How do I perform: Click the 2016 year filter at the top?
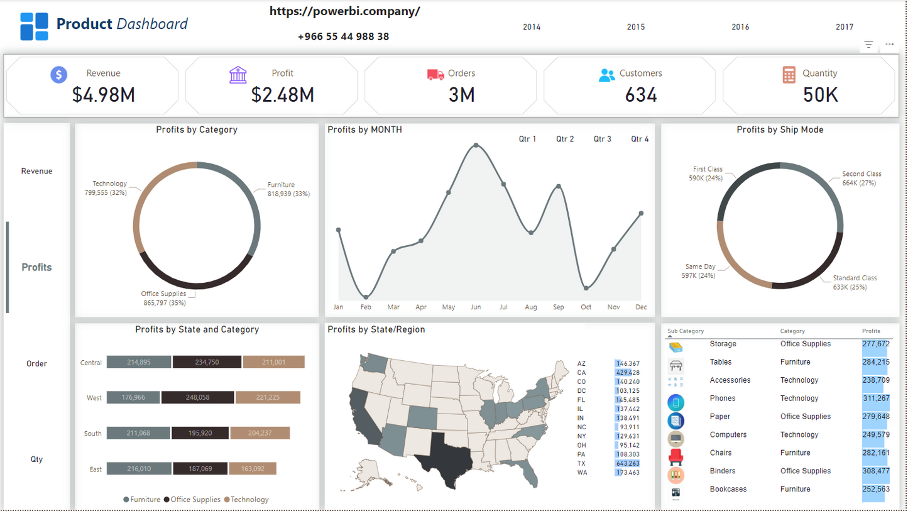(x=740, y=27)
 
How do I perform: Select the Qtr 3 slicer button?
(x=602, y=139)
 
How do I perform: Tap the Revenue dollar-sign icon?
(x=58, y=75)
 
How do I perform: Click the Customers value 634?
(x=640, y=95)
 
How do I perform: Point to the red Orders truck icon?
(x=435, y=74)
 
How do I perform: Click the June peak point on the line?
(x=476, y=145)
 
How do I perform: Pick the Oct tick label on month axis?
(x=586, y=307)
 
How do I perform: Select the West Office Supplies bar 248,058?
(x=197, y=397)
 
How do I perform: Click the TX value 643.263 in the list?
(x=628, y=463)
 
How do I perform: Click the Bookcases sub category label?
(x=728, y=489)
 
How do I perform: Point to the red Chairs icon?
(x=676, y=456)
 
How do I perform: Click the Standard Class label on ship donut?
(x=855, y=278)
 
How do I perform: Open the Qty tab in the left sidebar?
(x=36, y=459)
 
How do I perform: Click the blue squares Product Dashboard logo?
(x=34, y=26)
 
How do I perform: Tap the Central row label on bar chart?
(x=91, y=363)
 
